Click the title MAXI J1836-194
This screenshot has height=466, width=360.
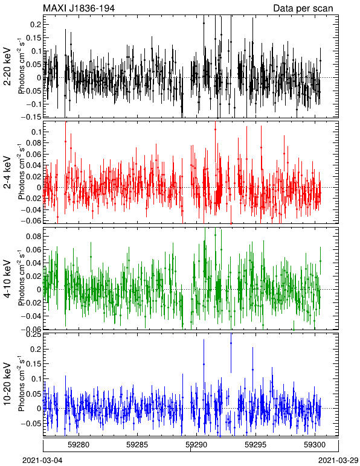79,8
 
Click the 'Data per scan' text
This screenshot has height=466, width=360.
303,8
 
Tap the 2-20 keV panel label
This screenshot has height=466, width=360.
7,66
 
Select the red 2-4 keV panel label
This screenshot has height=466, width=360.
7,173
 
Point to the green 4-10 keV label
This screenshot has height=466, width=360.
7,279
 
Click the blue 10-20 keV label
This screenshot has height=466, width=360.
7,384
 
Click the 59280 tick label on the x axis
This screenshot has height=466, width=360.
79,445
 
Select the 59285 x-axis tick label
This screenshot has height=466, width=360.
137,445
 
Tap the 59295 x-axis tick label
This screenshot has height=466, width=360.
256,445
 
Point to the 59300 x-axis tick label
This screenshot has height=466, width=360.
315,445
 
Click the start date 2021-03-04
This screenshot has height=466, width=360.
42,461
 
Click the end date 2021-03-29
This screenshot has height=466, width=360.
338,461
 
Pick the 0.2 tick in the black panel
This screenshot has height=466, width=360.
36,25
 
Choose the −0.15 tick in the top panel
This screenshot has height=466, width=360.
33,117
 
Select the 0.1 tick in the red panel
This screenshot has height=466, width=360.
36,132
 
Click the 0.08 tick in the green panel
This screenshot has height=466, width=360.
33,236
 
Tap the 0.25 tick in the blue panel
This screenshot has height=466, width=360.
33,335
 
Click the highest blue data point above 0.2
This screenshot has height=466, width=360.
231,343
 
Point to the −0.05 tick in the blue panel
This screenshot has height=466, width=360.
33,423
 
